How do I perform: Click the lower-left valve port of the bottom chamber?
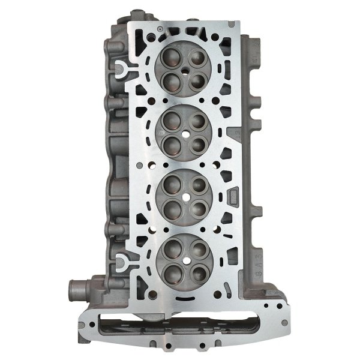point(170,270)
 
